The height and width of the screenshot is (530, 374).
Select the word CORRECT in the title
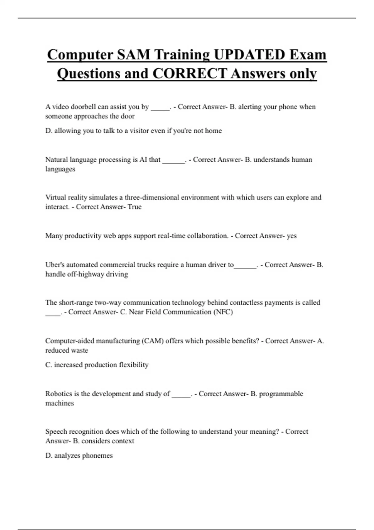(x=189, y=74)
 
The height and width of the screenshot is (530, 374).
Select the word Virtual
(x=55, y=197)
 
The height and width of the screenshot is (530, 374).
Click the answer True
(x=134, y=207)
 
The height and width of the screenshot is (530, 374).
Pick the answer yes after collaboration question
(x=291, y=236)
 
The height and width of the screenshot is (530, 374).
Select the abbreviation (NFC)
(x=223, y=312)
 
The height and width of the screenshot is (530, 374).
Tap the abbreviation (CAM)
(x=152, y=341)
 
